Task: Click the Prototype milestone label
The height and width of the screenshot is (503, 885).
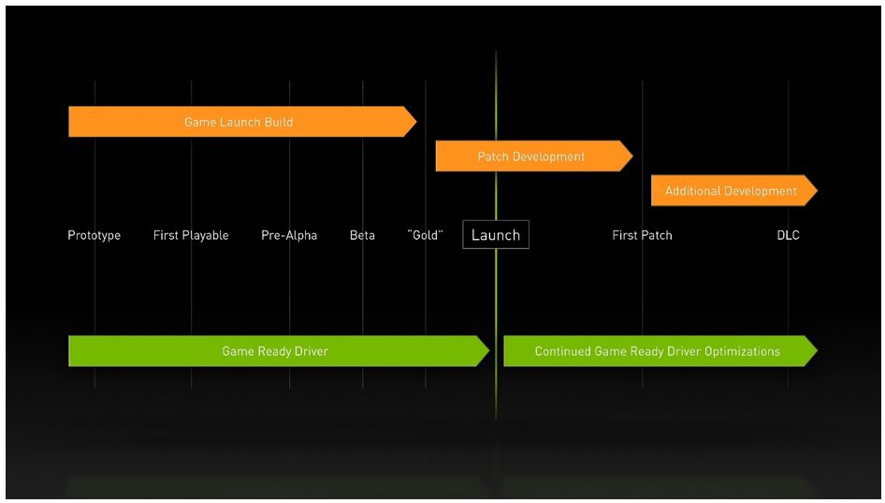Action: (x=94, y=235)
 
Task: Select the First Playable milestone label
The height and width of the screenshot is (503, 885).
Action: (x=191, y=235)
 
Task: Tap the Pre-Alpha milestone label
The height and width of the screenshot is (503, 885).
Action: (x=289, y=235)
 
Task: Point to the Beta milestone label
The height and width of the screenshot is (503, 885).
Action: (x=362, y=235)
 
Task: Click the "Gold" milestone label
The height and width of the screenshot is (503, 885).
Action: (x=426, y=234)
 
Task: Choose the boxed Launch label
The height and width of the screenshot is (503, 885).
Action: (x=496, y=234)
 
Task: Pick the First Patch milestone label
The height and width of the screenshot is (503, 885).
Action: (x=643, y=235)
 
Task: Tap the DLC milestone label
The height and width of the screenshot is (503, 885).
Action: (x=788, y=235)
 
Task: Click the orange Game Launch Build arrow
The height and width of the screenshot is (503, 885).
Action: (x=242, y=122)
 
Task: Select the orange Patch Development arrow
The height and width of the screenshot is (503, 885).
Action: (x=534, y=156)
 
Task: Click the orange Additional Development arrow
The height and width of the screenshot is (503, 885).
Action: (x=734, y=190)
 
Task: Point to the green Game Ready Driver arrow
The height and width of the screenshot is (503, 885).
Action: (x=279, y=351)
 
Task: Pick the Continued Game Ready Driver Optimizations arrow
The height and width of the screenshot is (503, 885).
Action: (x=660, y=351)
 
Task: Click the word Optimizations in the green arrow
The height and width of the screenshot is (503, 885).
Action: (x=742, y=351)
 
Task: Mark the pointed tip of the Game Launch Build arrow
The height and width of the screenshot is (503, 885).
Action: (x=416, y=122)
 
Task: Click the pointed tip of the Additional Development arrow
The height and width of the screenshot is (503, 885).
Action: (x=818, y=190)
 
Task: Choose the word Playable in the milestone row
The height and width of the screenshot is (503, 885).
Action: (x=206, y=236)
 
